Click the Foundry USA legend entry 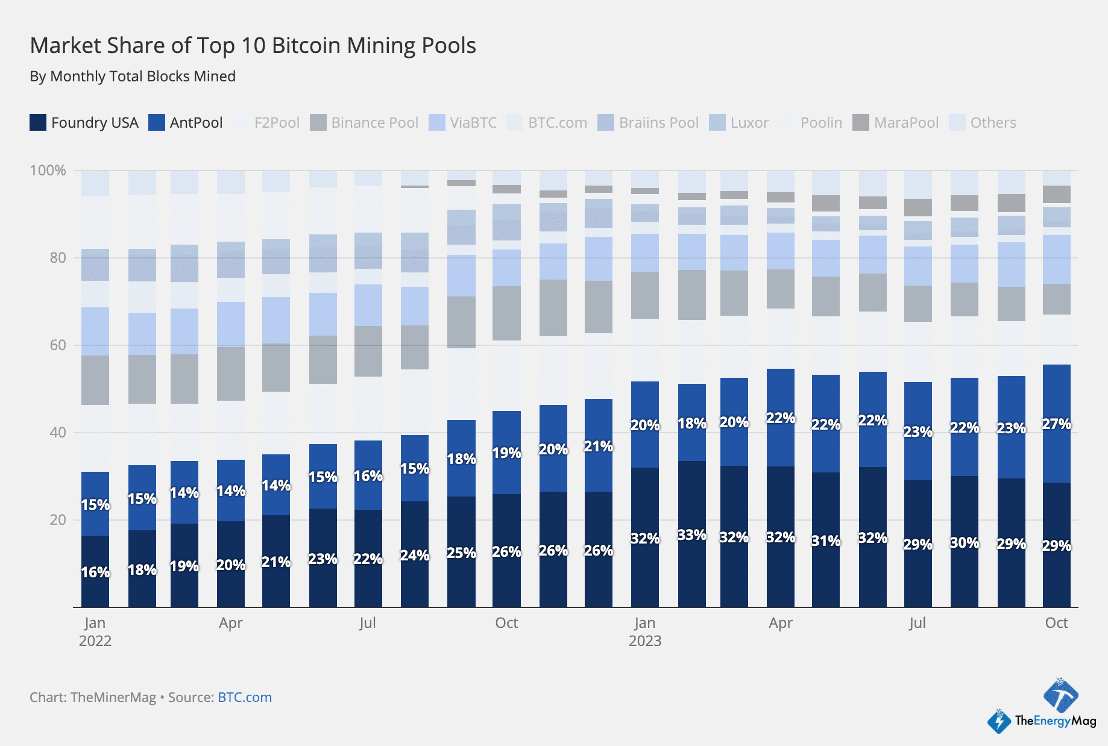coord(84,123)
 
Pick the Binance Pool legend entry coord(364,123)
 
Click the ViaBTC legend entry coord(463,123)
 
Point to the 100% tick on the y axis coord(48,171)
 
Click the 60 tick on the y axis coord(57,345)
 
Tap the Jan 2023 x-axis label coord(644,632)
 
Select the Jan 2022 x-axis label coord(95,632)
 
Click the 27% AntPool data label coord(1056,424)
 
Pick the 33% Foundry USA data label coord(691,535)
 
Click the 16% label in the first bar coord(95,572)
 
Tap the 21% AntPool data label coord(598,447)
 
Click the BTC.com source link coord(244,697)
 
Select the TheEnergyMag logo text coord(1055,721)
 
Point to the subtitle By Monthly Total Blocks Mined coord(133,77)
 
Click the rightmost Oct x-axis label coord(1056,623)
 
